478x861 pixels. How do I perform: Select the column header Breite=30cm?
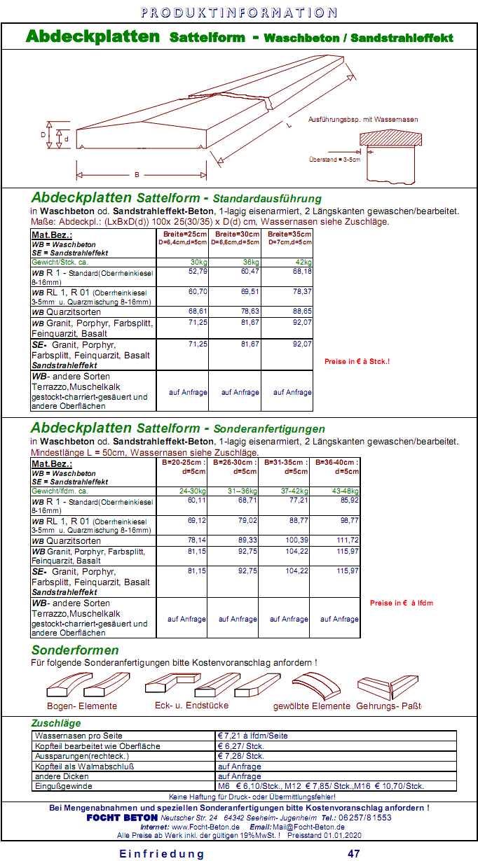(235, 234)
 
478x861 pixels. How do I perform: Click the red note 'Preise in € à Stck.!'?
(357, 362)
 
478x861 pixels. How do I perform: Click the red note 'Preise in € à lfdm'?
(402, 603)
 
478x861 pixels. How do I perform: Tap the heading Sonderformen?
(75, 650)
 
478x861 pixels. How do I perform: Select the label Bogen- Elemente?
(82, 706)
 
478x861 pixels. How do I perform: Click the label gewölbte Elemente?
(312, 706)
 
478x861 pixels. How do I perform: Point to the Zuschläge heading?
(56, 723)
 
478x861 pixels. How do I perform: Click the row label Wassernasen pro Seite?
(78, 736)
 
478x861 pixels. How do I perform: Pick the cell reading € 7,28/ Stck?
(241, 756)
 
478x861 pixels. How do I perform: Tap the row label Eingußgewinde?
(65, 786)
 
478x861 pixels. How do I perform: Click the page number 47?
(354, 853)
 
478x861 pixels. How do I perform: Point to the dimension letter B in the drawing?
(137, 174)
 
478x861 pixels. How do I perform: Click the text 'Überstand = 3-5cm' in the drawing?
(334, 160)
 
